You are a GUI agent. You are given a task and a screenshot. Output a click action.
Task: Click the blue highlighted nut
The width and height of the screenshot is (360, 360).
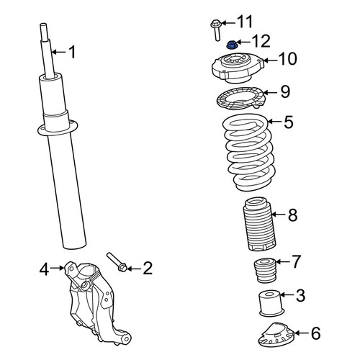(x=232, y=45)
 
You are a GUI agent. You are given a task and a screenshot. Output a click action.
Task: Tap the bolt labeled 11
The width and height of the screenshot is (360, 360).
(x=217, y=30)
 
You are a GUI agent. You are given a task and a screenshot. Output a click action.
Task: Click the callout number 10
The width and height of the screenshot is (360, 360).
(x=287, y=59)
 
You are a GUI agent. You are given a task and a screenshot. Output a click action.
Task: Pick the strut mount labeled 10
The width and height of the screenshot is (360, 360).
(x=238, y=68)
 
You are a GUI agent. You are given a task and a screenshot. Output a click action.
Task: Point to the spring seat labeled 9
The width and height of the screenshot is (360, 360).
(x=241, y=99)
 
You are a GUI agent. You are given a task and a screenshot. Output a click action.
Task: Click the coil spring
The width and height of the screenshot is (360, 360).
(x=250, y=152)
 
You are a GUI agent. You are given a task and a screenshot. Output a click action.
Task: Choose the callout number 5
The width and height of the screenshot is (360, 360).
(x=289, y=122)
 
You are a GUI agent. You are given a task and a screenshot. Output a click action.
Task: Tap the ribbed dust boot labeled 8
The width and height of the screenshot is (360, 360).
(x=260, y=224)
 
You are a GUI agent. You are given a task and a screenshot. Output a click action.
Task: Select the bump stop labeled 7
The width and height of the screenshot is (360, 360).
(x=265, y=270)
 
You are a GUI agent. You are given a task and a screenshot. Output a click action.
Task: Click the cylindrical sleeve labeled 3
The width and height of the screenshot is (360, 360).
(x=271, y=303)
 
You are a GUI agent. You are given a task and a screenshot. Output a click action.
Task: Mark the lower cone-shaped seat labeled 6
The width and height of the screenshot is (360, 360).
(x=276, y=335)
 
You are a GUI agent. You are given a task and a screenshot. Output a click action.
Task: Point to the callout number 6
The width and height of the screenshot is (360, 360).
(x=315, y=333)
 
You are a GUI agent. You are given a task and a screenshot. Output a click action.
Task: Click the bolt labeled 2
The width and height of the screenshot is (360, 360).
(x=116, y=262)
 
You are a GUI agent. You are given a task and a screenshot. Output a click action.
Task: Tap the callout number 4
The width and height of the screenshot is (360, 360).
(x=44, y=269)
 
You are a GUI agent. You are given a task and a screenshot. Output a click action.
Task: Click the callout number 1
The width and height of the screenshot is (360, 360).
(x=72, y=52)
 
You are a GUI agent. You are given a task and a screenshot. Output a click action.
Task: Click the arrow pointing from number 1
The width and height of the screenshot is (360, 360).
(x=58, y=52)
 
